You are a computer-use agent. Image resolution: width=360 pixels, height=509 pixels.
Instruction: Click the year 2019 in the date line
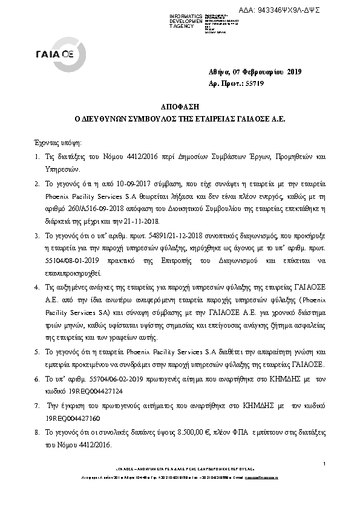tap(293, 73)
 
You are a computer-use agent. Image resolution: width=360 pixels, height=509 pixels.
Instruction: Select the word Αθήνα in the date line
tap(220, 73)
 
